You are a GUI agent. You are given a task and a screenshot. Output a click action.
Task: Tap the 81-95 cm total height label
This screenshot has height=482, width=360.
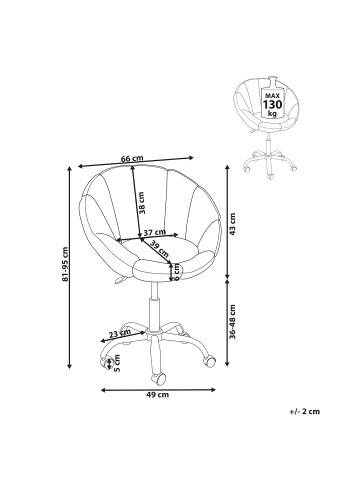(65, 264)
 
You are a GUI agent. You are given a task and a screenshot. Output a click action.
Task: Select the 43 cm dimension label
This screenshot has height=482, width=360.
(232, 224)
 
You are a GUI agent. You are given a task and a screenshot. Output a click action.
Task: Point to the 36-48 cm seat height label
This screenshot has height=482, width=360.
(232, 322)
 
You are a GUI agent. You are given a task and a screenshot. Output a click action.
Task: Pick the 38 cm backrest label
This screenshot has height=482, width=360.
(141, 202)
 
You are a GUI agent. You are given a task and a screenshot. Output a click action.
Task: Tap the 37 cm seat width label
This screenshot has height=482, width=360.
(154, 232)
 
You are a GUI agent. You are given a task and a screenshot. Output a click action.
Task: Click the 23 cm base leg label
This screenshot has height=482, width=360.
(120, 333)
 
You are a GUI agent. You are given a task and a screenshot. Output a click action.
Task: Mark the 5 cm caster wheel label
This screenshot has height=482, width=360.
(117, 363)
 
